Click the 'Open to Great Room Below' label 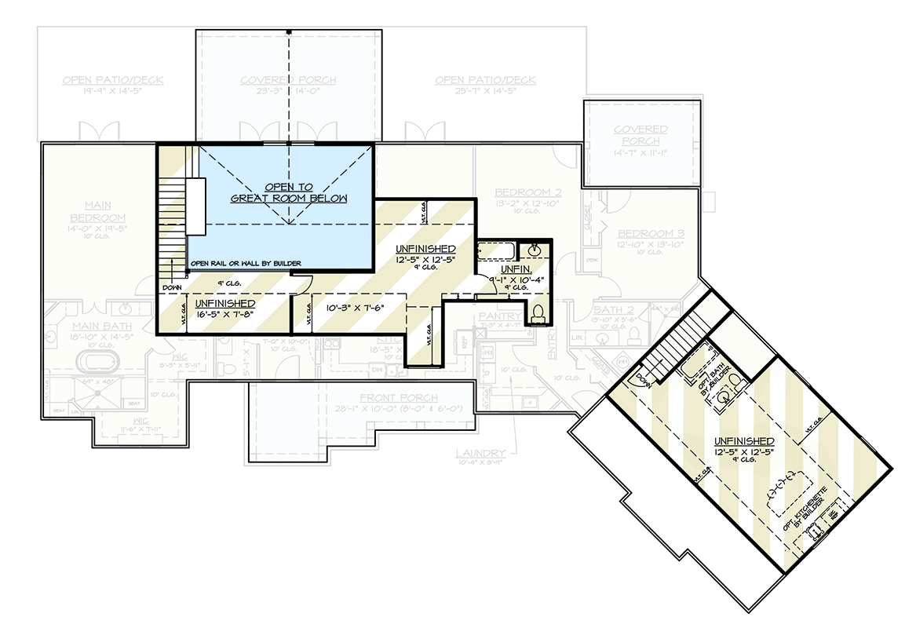click(x=288, y=192)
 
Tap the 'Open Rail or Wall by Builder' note click(x=246, y=263)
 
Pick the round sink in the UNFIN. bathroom click(x=536, y=250)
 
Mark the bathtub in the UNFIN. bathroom click(x=496, y=251)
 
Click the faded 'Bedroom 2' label click(x=527, y=192)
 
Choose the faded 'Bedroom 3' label click(x=650, y=234)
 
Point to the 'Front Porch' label click(x=398, y=398)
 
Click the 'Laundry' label click(x=480, y=453)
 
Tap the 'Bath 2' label click(x=608, y=310)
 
